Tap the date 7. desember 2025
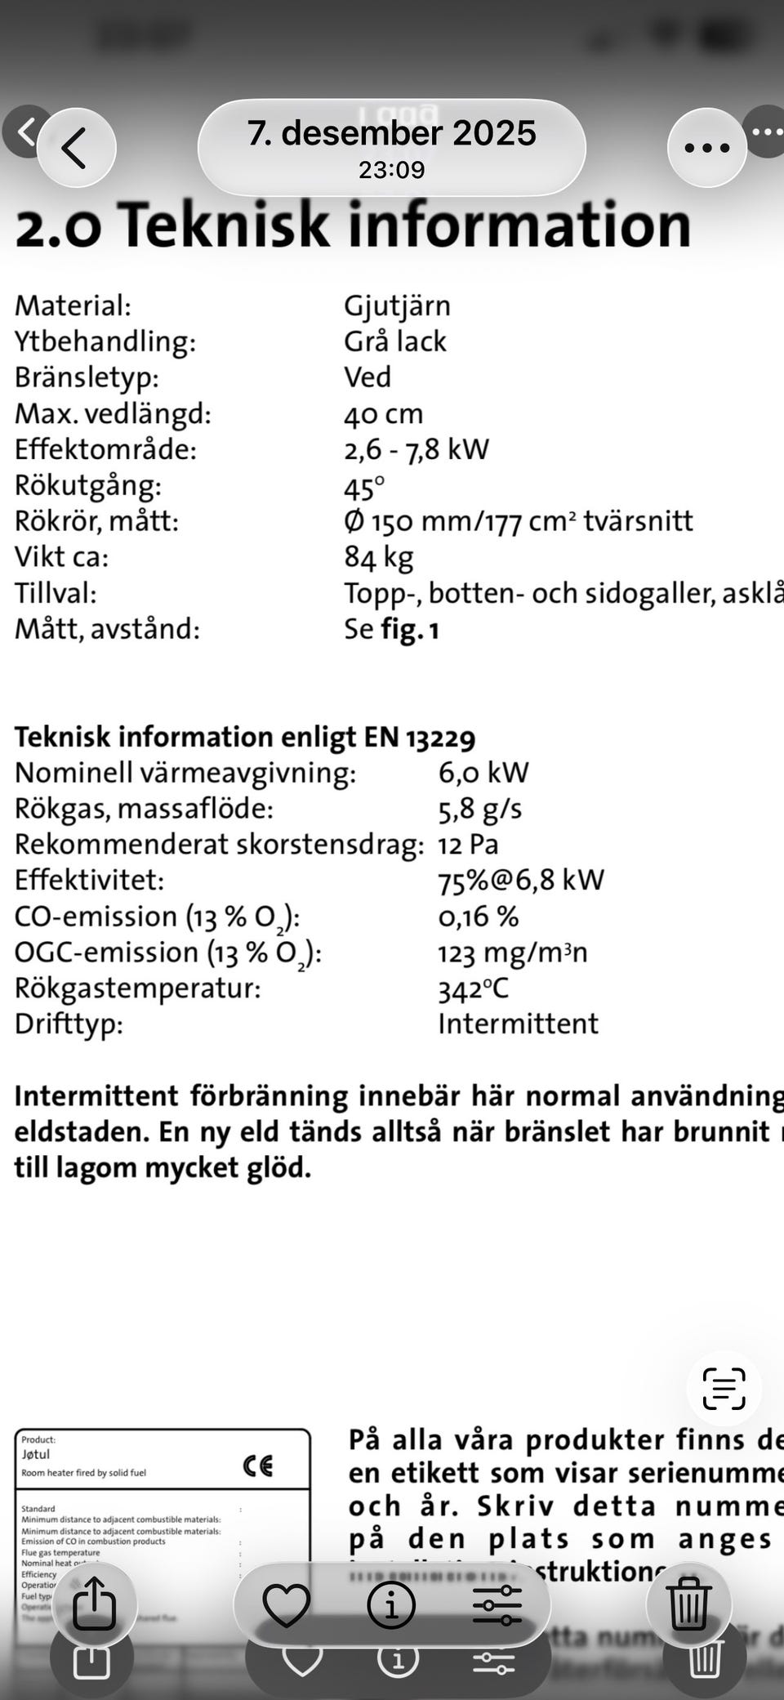[392, 133]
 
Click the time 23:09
[392, 170]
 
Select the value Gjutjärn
[397, 306]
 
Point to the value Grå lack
[395, 341]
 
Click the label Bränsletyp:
[87, 377]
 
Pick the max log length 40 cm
[383, 413]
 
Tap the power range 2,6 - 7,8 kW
[416, 449]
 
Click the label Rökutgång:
[88, 485]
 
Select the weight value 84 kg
[379, 557]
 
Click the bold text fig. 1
[410, 629]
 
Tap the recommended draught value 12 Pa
[468, 845]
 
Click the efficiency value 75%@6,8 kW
[521, 881]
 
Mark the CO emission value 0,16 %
[479, 917]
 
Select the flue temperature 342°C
[474, 988]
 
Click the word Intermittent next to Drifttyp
[518, 1024]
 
